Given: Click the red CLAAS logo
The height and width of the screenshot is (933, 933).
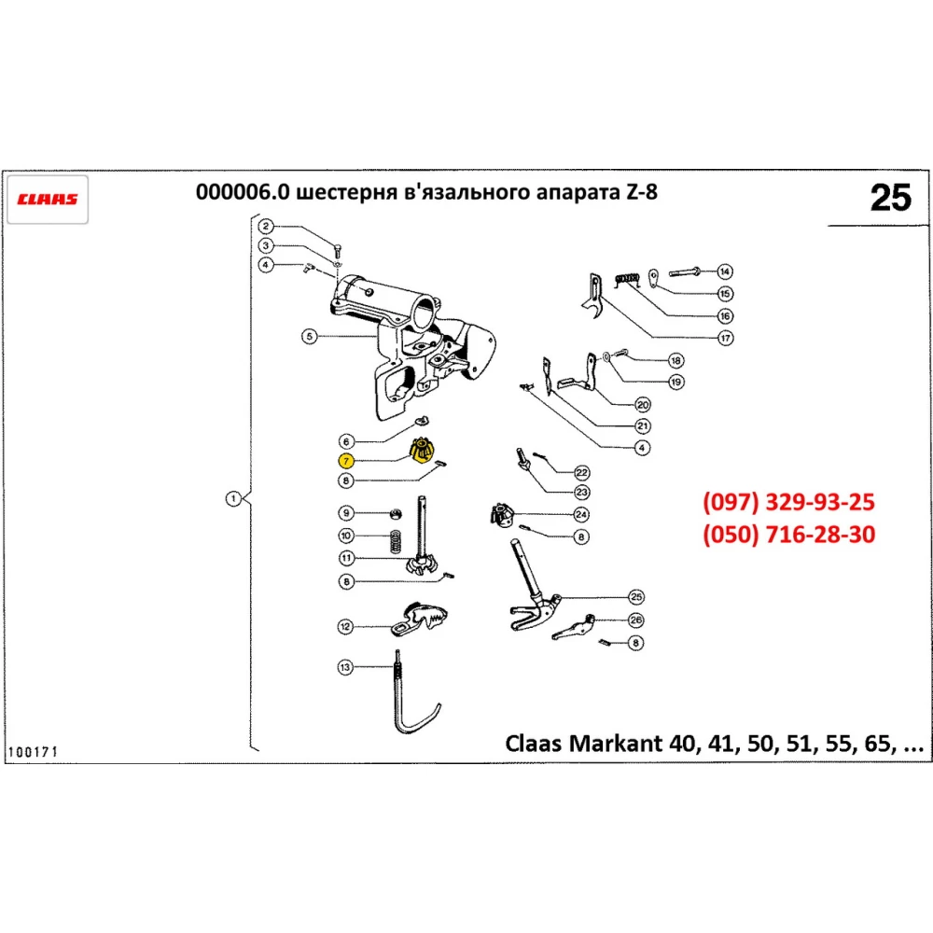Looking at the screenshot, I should coord(48,199).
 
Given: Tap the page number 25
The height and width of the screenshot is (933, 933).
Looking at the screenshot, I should coord(889,198).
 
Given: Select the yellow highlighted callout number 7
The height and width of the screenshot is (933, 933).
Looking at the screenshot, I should coord(345,461).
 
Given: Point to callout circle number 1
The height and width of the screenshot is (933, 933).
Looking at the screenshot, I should coord(233,498).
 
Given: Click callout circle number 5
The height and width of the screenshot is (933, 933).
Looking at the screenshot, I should coord(309,336).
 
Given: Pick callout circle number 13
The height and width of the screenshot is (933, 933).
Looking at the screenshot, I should coord(345,666).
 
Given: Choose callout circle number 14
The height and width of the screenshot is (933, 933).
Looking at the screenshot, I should coord(725,272).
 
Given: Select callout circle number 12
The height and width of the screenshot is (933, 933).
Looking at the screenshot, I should coord(345,626).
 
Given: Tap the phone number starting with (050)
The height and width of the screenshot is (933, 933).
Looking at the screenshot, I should coord(788,535).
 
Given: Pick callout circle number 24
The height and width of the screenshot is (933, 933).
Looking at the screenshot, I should coord(581,514).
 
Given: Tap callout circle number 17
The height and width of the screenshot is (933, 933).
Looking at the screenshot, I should coord(725,338).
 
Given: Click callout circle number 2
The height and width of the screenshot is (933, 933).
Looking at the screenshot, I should coord(266,226).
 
